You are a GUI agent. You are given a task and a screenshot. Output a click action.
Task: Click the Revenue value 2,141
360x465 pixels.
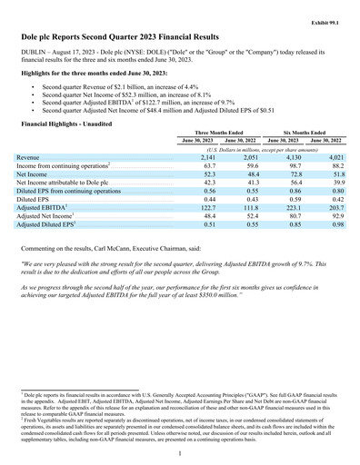tap(205, 158)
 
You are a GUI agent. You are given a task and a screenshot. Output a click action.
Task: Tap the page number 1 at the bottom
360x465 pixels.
tap(181, 453)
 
